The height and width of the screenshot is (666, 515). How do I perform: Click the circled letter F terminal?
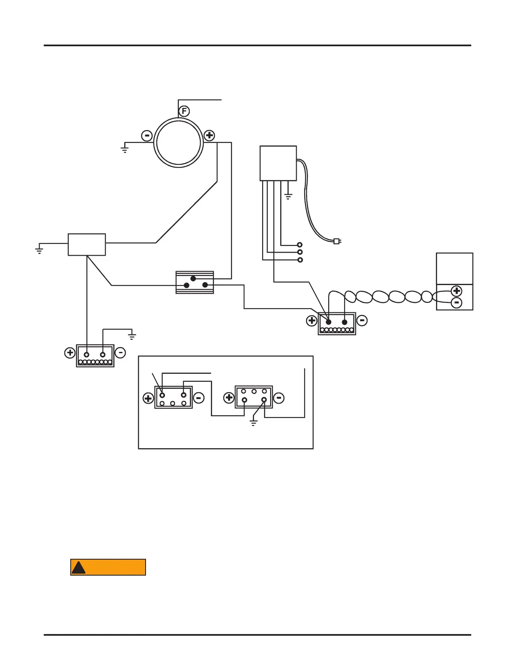(x=184, y=111)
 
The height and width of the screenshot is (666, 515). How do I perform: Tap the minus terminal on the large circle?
(x=147, y=136)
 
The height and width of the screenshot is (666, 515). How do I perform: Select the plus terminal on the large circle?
(x=209, y=136)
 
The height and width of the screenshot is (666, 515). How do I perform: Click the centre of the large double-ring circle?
(x=178, y=143)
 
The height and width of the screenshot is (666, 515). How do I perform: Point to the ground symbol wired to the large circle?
(x=125, y=149)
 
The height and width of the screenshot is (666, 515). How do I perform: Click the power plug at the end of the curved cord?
(x=337, y=241)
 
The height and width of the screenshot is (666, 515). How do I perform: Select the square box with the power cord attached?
(x=278, y=163)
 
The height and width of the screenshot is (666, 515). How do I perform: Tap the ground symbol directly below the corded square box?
(x=288, y=196)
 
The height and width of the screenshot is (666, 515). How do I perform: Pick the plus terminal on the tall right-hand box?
(x=457, y=291)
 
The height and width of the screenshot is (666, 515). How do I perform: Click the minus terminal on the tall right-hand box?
(x=457, y=303)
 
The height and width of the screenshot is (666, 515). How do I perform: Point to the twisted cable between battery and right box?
(x=389, y=297)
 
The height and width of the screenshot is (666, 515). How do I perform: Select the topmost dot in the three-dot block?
(x=193, y=278)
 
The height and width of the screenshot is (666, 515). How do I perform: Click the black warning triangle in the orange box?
(x=78, y=568)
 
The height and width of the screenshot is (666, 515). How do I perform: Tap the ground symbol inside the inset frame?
(x=253, y=423)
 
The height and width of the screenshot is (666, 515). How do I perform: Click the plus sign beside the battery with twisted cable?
(x=312, y=321)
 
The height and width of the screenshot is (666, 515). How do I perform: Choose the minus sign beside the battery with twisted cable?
(x=362, y=321)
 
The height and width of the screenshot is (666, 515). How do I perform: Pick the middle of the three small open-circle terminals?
(x=300, y=252)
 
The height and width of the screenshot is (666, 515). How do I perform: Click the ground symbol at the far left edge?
(x=39, y=251)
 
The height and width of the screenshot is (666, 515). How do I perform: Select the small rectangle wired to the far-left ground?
(x=87, y=245)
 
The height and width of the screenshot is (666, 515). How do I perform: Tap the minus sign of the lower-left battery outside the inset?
(x=120, y=352)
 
